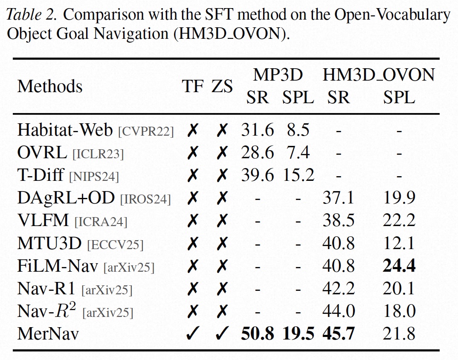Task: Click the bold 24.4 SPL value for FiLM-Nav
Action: (399, 267)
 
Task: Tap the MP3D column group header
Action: (278, 75)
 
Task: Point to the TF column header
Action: (193, 87)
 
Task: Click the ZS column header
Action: (222, 87)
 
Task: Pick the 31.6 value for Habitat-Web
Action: (257, 130)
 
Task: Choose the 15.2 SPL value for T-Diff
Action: (298, 175)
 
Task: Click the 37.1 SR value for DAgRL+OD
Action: (339, 198)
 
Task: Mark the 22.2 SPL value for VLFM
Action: (399, 221)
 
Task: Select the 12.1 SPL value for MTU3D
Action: (399, 244)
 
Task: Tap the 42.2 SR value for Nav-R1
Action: (339, 289)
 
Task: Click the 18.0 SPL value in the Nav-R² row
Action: (399, 311)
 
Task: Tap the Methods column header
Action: (50, 87)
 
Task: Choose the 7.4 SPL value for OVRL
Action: (298, 152)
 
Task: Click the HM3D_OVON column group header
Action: (379, 75)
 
